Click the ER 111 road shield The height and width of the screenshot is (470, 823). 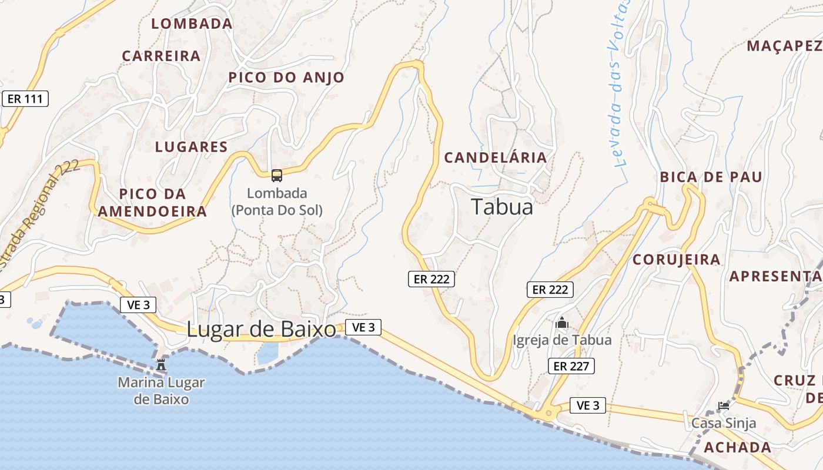(x=25, y=99)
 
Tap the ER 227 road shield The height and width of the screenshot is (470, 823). (x=571, y=366)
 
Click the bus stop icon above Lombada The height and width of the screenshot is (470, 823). (x=276, y=175)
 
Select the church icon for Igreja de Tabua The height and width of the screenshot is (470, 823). (x=562, y=323)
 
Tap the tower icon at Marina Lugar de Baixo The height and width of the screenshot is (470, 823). (x=161, y=365)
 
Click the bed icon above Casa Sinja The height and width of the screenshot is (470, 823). (x=724, y=406)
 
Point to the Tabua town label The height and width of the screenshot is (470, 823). (x=502, y=207)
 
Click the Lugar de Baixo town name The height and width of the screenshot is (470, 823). (x=261, y=330)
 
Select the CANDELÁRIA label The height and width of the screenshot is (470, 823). (x=496, y=157)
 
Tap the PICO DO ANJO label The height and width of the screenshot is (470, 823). (x=286, y=78)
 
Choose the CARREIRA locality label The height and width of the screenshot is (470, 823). (x=161, y=56)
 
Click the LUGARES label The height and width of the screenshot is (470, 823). (x=191, y=147)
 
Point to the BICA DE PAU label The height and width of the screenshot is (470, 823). (x=711, y=177)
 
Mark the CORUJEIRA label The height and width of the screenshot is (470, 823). (x=676, y=259)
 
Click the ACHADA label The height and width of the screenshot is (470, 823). (x=738, y=447)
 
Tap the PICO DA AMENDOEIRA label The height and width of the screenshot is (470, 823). (x=152, y=203)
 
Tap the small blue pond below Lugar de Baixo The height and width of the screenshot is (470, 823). (x=267, y=353)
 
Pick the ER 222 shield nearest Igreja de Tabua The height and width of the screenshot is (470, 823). (x=550, y=289)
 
